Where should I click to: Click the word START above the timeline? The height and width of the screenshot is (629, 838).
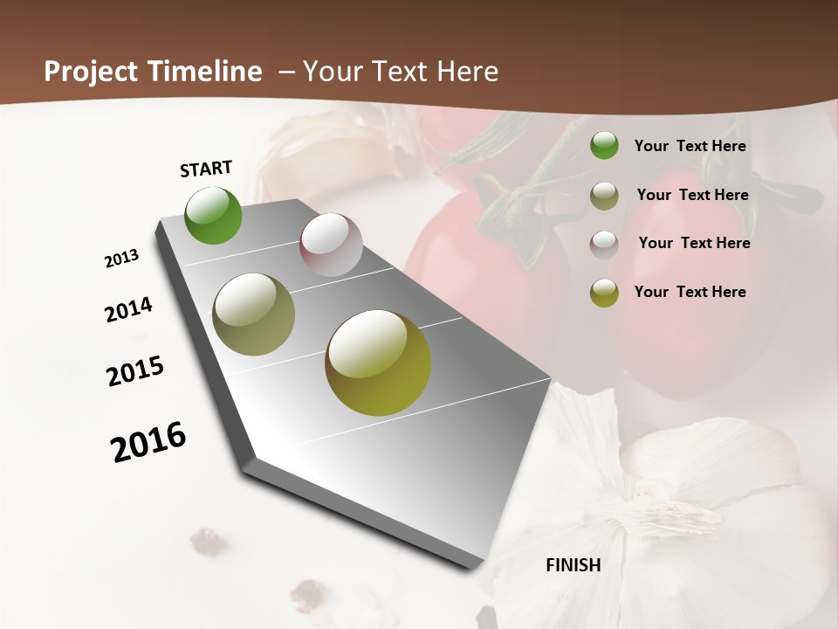click(x=206, y=169)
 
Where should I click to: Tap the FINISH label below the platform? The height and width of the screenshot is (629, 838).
click(x=574, y=565)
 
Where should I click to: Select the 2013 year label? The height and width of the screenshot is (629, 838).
click(x=121, y=259)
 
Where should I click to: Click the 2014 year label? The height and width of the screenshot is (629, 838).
click(x=128, y=310)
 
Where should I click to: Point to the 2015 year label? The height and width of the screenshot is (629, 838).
click(x=135, y=370)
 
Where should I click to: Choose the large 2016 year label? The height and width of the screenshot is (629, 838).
click(x=148, y=442)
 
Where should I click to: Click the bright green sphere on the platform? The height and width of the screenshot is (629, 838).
click(x=214, y=215)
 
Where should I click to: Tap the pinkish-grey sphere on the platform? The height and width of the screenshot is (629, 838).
click(x=331, y=245)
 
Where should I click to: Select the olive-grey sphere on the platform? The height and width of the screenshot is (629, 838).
click(x=253, y=314)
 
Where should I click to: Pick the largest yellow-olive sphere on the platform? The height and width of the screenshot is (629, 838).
click(x=378, y=363)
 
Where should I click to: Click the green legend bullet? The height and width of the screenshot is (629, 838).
click(x=604, y=146)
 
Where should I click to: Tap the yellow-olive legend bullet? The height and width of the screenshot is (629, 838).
click(x=604, y=293)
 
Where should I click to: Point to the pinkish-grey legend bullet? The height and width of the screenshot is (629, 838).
click(x=604, y=245)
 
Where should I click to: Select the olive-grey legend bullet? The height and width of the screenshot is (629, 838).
click(x=604, y=196)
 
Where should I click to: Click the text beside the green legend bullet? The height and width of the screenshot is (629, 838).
click(x=690, y=146)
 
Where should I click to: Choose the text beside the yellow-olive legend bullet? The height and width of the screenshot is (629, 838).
click(x=690, y=292)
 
